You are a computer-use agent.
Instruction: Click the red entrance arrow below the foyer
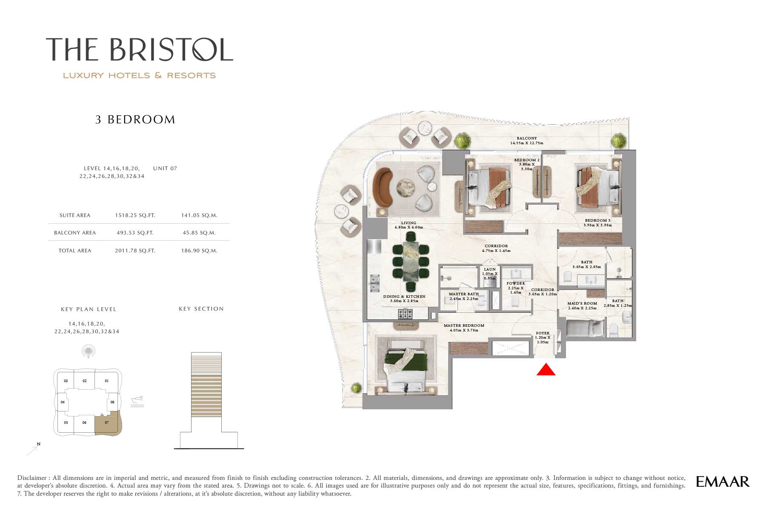pyautogui.click(x=546, y=369)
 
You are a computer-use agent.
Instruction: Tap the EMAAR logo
pyautogui.click(x=722, y=481)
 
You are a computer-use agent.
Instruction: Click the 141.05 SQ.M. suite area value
pyautogui.click(x=199, y=215)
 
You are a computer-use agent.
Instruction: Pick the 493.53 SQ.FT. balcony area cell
pyautogui.click(x=135, y=233)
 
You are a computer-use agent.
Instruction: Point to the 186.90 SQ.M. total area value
pyautogui.click(x=199, y=251)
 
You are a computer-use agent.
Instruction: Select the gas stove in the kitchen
pyautogui.click(x=405, y=314)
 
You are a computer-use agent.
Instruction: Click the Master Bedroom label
pyautogui.click(x=464, y=325)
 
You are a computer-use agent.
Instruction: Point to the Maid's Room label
pyautogui.click(x=582, y=304)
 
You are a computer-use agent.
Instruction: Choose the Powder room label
pyautogui.click(x=516, y=283)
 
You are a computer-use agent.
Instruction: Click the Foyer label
pyautogui.click(x=543, y=333)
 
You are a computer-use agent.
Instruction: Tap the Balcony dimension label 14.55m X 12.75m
pyautogui.click(x=527, y=143)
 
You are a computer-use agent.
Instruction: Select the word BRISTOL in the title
pyautogui.click(x=171, y=49)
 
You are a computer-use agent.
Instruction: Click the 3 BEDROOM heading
pyautogui.click(x=135, y=120)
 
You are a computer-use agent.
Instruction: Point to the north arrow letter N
pyautogui.click(x=39, y=444)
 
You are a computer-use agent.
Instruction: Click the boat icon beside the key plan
pyautogui.click(x=137, y=402)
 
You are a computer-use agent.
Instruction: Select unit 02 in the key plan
pyautogui.click(x=85, y=381)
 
